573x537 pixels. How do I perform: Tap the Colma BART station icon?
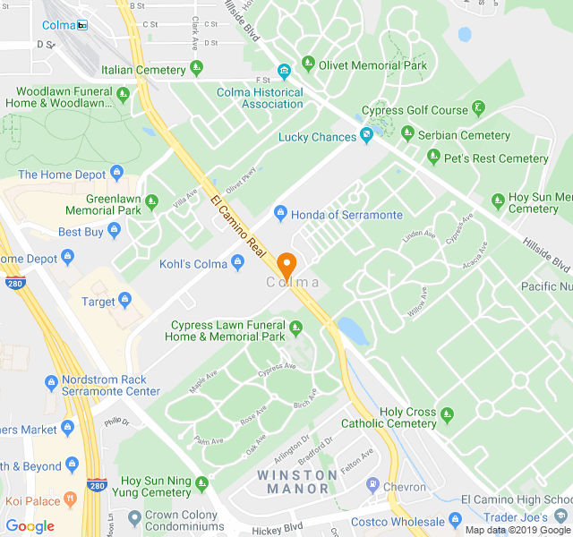82,25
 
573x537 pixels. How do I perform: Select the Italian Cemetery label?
143,70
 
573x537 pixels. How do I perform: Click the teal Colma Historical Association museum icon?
284,72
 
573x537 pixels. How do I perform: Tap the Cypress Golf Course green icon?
479,110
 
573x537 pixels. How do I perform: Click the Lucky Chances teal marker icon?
366,136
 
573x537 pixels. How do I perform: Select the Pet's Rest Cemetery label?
498,158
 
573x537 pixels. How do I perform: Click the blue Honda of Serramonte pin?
279,214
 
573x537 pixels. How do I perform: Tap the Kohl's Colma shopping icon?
237,262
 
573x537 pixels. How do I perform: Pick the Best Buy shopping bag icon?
114,232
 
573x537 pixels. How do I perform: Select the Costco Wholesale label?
399,521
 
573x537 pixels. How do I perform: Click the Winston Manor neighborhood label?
299,482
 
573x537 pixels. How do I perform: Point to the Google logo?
30,526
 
